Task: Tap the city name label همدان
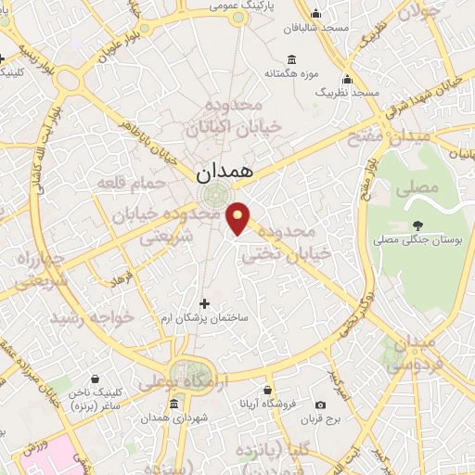coord(224,173)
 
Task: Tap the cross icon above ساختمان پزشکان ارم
coord(205,303)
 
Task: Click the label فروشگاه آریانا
coord(267,404)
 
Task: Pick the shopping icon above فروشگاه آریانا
coord(267,390)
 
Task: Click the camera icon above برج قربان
coord(320,404)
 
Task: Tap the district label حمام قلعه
coord(130,185)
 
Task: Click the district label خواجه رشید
coord(92,317)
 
